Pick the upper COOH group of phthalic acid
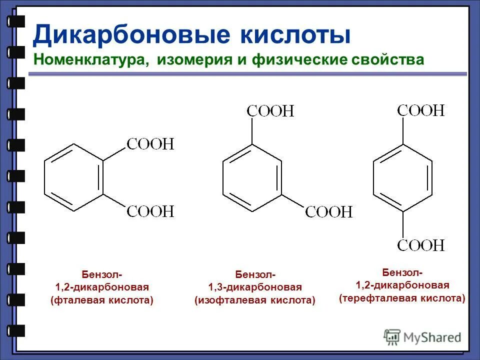click(x=149, y=145)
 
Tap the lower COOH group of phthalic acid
click(x=149, y=211)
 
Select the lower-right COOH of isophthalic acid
click(x=328, y=212)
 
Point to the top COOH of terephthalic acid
click(x=420, y=110)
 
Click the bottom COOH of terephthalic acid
click(x=420, y=245)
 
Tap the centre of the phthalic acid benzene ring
click(x=74, y=177)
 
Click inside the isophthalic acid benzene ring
click(x=251, y=177)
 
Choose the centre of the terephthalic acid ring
click(x=402, y=177)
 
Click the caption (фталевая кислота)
click(x=101, y=301)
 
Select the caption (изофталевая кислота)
click(x=255, y=300)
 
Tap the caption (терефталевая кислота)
click(x=402, y=298)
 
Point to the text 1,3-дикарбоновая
click(x=255, y=287)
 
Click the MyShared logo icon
click(x=391, y=336)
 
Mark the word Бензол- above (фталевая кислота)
click(x=101, y=274)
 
